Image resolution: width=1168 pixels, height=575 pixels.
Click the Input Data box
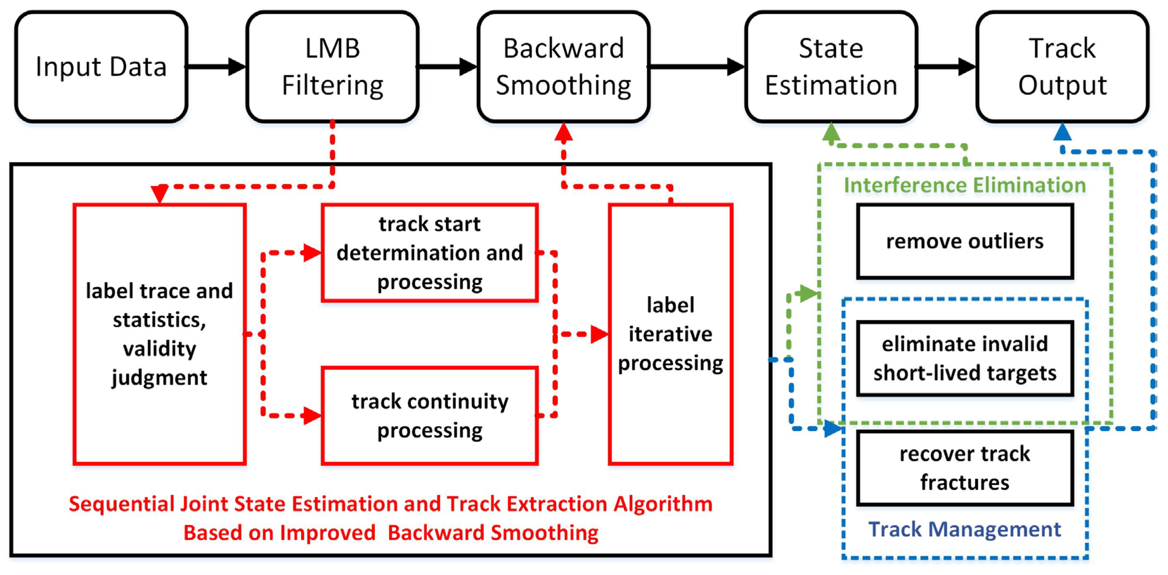(101, 67)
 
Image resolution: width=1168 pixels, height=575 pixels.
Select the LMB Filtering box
(332, 67)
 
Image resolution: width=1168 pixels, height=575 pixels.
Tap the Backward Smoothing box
(564, 67)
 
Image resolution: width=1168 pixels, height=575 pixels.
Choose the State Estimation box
(831, 67)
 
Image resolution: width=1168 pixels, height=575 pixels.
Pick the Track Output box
(1062, 67)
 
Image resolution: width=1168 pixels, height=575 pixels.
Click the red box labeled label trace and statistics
(160, 335)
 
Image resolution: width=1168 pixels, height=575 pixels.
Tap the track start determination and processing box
(430, 253)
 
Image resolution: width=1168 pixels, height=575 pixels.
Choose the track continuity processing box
(430, 416)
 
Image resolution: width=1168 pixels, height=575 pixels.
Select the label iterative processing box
(670, 335)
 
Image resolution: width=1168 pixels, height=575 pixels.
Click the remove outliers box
(965, 241)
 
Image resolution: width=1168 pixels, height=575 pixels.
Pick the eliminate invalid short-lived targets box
(965, 358)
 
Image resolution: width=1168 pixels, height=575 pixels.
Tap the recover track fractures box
(965, 468)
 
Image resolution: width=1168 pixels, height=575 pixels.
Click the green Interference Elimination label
(965, 185)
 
